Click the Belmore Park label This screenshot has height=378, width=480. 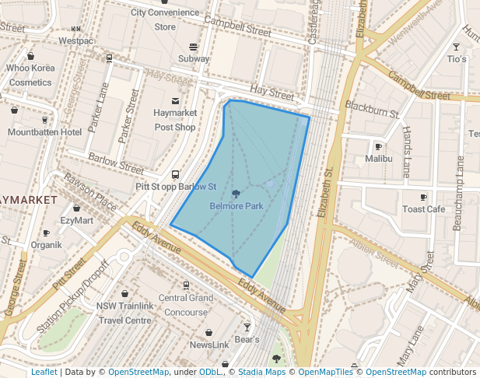pyautogui.click(x=236, y=206)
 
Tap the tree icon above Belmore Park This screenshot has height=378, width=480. pyautogui.click(x=236, y=193)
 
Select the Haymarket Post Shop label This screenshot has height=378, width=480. pyautogui.click(x=174, y=120)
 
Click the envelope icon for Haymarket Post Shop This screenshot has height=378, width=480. pyautogui.click(x=175, y=100)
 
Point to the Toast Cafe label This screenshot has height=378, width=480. pyautogui.click(x=423, y=209)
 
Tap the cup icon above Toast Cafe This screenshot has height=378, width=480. pyautogui.click(x=423, y=197)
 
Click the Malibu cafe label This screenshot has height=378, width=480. pyautogui.click(x=379, y=159)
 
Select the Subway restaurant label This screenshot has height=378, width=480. pyautogui.click(x=194, y=59)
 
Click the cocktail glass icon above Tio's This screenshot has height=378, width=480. pyautogui.click(x=457, y=47)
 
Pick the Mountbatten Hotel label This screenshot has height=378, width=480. pyautogui.click(x=44, y=132)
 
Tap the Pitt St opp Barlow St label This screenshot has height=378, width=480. pyautogui.click(x=175, y=187)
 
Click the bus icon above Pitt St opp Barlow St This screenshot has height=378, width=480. pyautogui.click(x=175, y=175)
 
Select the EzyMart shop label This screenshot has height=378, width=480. pyautogui.click(x=76, y=221)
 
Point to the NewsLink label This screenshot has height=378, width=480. pyautogui.click(x=209, y=345)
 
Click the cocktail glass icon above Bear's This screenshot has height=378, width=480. pyautogui.click(x=247, y=327)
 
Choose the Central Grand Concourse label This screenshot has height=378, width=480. pyautogui.click(x=186, y=304)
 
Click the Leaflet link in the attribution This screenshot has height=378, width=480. pyautogui.click(x=44, y=373)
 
